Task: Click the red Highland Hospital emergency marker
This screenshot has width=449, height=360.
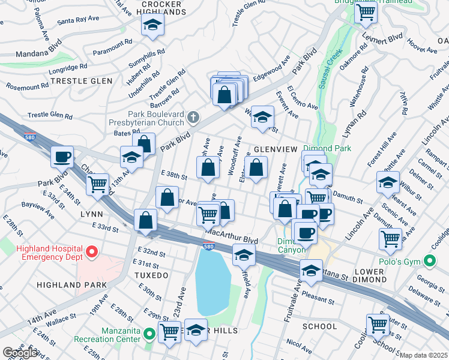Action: (92, 252)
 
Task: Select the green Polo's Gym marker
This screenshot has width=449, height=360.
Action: (429, 262)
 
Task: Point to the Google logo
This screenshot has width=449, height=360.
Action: (20, 353)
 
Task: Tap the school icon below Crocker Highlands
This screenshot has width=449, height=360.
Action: (152, 25)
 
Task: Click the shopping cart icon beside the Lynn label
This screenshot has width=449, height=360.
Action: (97, 184)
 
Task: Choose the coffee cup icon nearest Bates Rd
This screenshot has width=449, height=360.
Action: (62, 157)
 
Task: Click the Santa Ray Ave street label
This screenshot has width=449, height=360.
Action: (78, 20)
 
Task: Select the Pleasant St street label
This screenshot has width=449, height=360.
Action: (318, 298)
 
